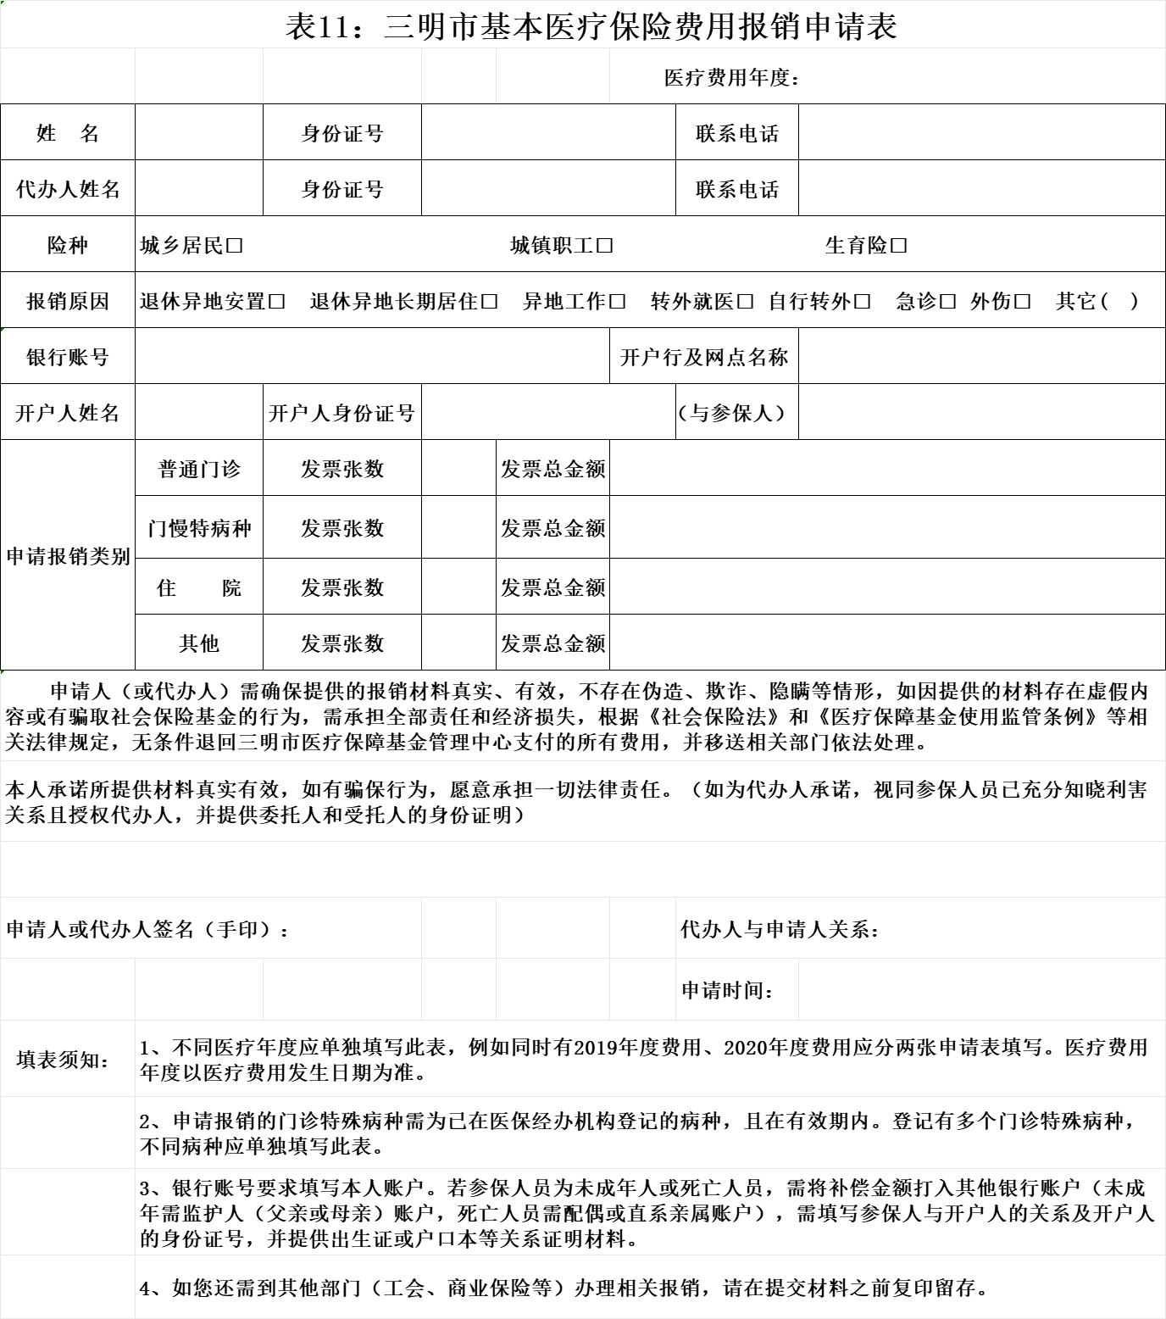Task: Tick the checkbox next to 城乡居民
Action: (235, 246)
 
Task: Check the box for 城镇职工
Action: (604, 246)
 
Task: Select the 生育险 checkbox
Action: (899, 246)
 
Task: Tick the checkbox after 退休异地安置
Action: (276, 302)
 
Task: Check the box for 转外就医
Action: (745, 302)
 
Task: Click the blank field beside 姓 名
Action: (199, 133)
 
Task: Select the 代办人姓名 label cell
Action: (68, 189)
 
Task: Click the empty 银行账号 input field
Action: (372, 357)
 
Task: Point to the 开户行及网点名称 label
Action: (704, 357)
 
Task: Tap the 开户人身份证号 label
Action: (342, 414)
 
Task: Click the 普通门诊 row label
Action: (199, 469)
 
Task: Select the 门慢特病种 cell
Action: (199, 528)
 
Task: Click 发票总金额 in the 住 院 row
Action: (553, 587)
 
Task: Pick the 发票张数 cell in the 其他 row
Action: (342, 643)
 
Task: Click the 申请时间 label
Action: (728, 990)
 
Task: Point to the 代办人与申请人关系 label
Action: (780, 930)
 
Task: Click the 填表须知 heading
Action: (64, 1060)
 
